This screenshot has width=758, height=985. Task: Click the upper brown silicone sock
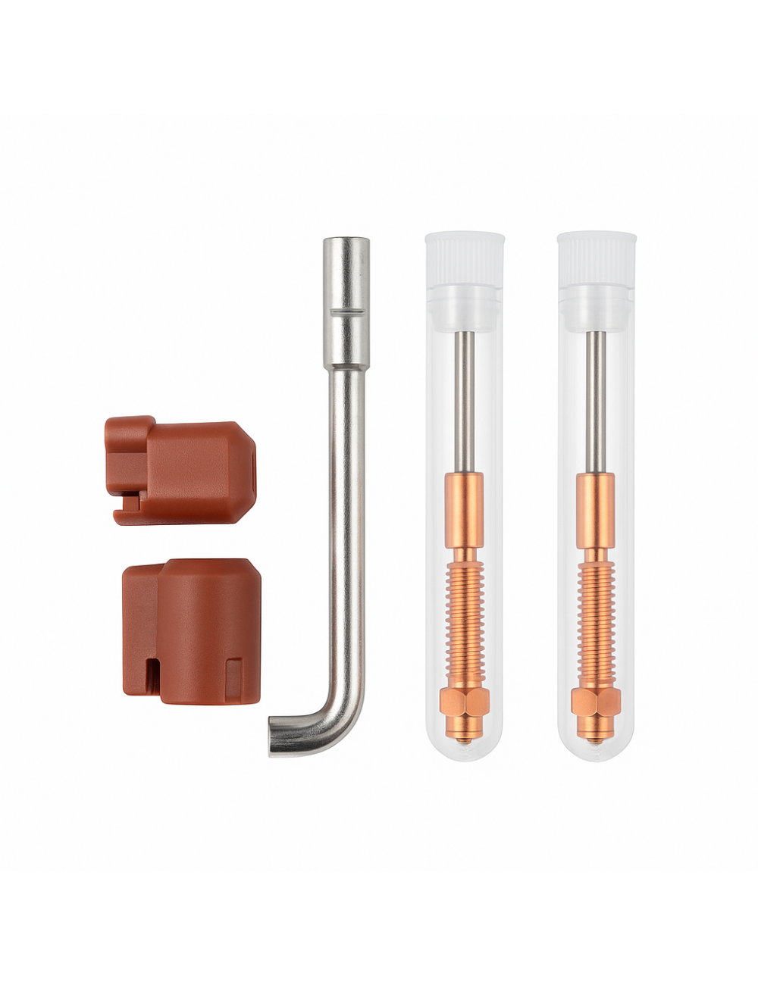182,470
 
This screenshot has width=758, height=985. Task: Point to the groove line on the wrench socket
346,311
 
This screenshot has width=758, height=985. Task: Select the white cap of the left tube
465,258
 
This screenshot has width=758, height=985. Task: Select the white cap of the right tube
597,258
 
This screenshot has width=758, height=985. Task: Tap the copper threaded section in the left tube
465,621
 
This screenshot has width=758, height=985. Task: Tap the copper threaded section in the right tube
597,621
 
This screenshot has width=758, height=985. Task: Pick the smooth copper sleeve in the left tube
465,509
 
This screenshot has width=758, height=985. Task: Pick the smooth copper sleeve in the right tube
597,509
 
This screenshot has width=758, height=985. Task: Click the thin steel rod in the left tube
465,402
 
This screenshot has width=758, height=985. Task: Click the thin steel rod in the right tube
597,402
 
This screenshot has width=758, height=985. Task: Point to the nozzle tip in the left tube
465,739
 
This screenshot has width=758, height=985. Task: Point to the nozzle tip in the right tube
597,739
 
